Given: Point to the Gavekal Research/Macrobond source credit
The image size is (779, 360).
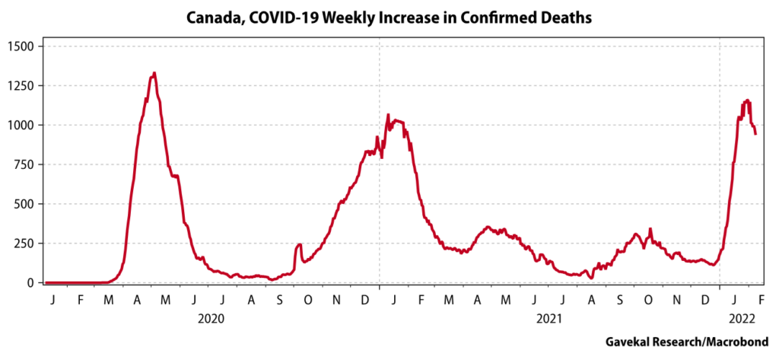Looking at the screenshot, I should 686,342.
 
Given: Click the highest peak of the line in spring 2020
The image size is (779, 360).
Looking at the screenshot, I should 154,74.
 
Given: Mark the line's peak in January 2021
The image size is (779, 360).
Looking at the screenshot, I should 388,116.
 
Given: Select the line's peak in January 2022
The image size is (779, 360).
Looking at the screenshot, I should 747,100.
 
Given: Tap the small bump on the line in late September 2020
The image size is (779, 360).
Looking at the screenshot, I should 299,245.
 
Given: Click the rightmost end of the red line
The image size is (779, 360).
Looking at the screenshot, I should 755,134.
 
